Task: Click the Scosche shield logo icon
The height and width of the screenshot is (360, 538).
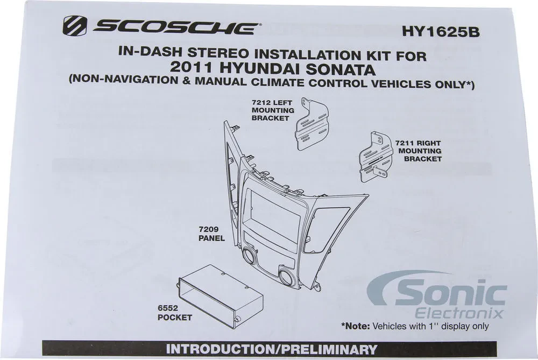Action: click(74, 26)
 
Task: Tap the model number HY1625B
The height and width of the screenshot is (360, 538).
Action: click(441, 32)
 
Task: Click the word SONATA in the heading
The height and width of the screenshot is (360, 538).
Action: click(340, 69)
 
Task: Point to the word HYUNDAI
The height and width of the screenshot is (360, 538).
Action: click(259, 68)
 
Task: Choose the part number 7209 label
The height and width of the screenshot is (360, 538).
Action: click(208, 229)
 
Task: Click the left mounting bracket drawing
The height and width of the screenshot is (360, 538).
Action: click(312, 124)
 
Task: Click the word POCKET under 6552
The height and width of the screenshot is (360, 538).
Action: click(175, 317)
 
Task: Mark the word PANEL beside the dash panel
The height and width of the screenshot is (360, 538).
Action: click(211, 238)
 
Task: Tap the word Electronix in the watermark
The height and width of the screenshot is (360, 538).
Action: click(459, 313)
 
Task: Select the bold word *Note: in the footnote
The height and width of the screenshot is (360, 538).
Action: click(356, 326)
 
